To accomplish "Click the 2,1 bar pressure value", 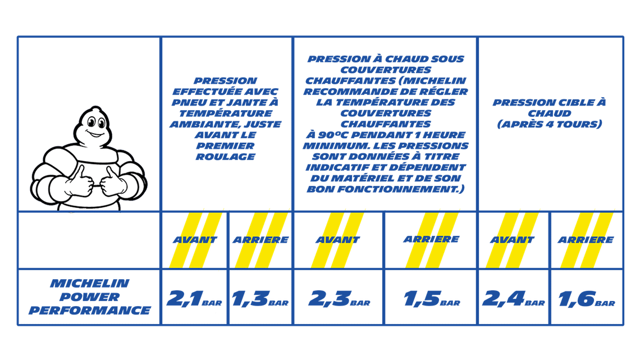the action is [x=194, y=298].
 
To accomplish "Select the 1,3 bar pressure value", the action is [x=260, y=298].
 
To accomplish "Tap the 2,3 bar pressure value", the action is [x=339, y=298].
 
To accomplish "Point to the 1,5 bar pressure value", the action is [x=432, y=298].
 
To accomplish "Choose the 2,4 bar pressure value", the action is [x=514, y=298].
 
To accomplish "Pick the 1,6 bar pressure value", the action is [x=587, y=299].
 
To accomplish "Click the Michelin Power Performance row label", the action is [x=89, y=297].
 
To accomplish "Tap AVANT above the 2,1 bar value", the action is [x=195, y=240].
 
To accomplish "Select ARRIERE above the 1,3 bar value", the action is [x=260, y=240].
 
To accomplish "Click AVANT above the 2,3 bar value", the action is [x=337, y=240].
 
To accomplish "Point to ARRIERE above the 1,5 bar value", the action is [x=431, y=239].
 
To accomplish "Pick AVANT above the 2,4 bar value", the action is [x=512, y=240].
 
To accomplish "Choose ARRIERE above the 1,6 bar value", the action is [x=586, y=240].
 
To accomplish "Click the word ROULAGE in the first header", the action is [x=225, y=157].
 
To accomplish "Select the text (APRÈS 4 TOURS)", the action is [x=550, y=124].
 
